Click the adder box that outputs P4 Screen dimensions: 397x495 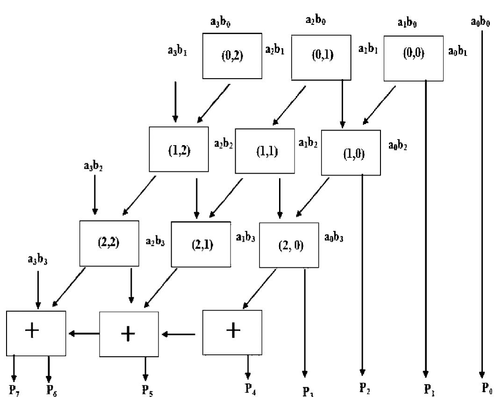[x=232, y=331]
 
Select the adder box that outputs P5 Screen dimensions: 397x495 [x=129, y=333]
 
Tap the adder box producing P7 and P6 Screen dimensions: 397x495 [x=36, y=332]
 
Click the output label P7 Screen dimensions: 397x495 [x=14, y=390]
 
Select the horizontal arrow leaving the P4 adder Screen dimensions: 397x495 [x=179, y=334]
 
